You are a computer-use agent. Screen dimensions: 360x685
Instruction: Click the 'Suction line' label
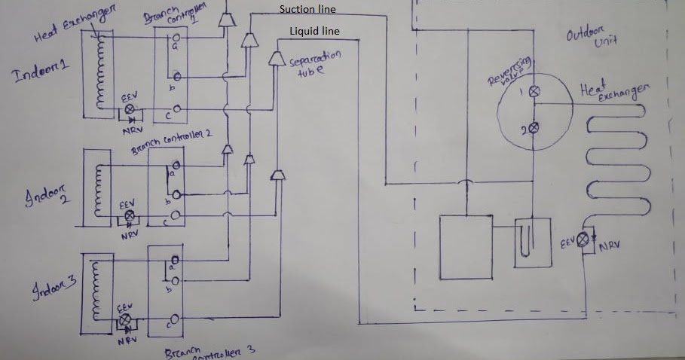tap(307, 10)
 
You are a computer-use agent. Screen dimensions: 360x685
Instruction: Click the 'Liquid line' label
tap(314, 32)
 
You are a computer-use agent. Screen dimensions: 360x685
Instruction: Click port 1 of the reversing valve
tap(534, 91)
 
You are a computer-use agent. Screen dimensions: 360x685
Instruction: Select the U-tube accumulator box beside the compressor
tap(532, 242)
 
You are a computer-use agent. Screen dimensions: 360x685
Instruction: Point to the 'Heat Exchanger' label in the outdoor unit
tap(612, 92)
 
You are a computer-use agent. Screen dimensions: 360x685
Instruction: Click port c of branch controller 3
tap(174, 319)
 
